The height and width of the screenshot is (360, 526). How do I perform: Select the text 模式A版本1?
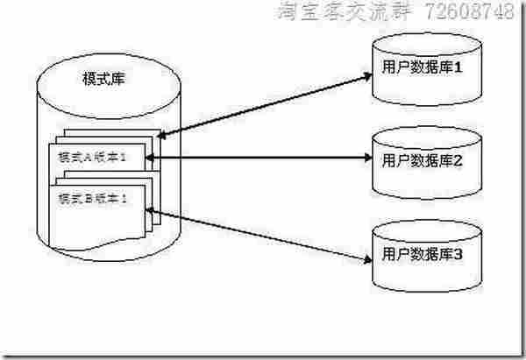click(92, 156)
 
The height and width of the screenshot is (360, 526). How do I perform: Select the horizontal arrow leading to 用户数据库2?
click(263, 159)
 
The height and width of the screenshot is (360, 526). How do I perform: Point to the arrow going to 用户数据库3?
click(263, 234)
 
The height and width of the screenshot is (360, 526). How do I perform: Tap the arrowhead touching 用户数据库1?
click(366, 76)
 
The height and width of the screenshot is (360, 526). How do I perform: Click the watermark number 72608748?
click(470, 12)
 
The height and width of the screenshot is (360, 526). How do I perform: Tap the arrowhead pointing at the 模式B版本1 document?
click(154, 210)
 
